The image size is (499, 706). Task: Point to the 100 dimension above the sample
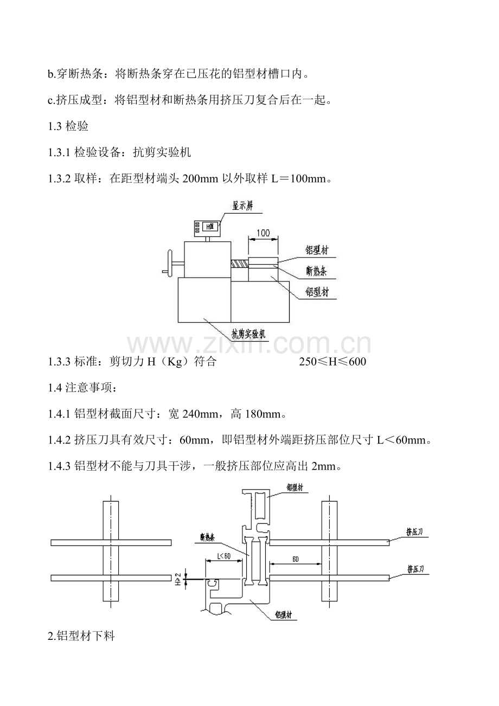(264, 233)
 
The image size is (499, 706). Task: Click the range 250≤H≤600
(332, 362)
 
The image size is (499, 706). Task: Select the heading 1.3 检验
(68, 127)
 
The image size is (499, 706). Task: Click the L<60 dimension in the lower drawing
(223, 556)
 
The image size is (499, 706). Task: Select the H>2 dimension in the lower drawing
(178, 580)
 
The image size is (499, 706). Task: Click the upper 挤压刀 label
(415, 532)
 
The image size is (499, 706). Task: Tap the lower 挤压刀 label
(415, 569)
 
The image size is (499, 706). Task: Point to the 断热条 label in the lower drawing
(208, 538)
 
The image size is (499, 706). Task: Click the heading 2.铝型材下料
(81, 637)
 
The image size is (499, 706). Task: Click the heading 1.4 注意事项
(81, 388)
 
